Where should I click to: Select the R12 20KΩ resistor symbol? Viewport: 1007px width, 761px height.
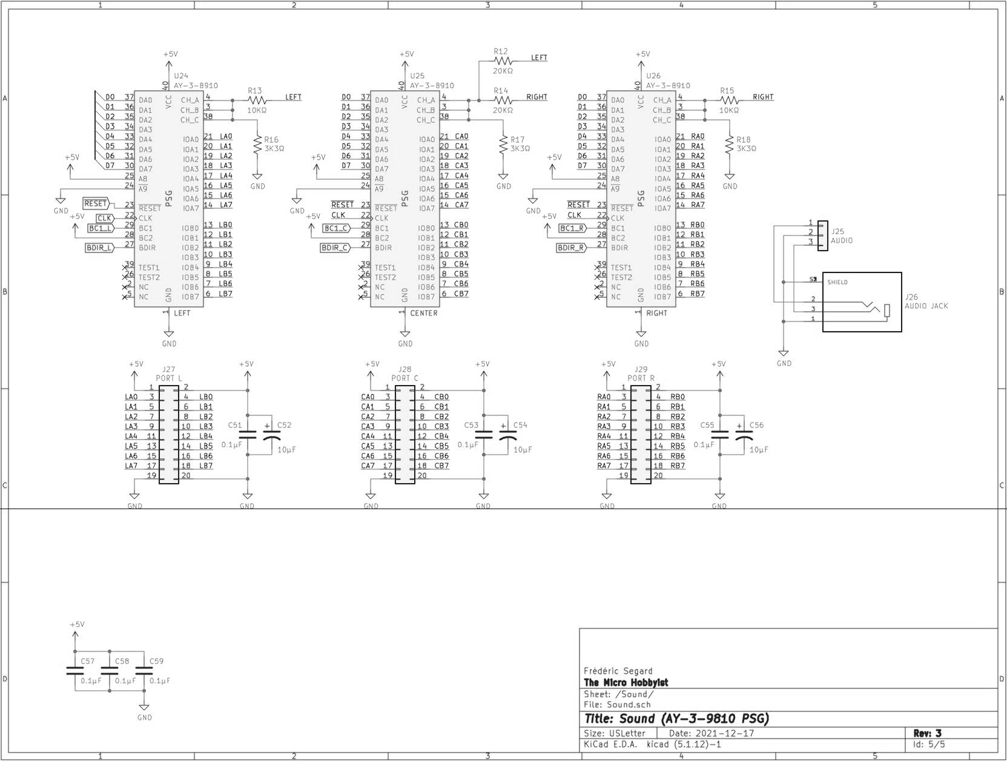[503, 61]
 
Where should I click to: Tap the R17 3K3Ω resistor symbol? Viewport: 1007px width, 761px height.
[503, 144]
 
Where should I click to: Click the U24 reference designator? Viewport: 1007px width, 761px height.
[181, 76]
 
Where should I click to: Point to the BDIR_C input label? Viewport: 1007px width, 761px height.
[335, 248]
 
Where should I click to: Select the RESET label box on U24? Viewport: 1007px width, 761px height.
[96, 204]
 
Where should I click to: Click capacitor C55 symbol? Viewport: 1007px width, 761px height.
[720, 435]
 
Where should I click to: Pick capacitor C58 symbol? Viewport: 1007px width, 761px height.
[109, 670]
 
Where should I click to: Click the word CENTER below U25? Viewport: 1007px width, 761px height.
[424, 313]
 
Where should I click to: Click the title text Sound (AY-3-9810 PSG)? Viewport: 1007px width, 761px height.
[676, 719]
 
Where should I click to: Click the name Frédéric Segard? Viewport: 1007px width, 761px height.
[618, 671]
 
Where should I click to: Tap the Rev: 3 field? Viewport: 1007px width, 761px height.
[926, 733]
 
